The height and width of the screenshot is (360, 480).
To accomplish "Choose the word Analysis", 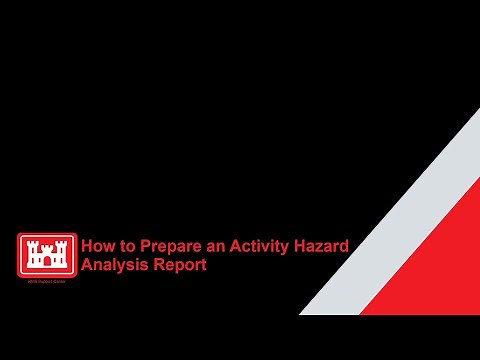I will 111,266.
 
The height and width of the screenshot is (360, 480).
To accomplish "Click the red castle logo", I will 46,254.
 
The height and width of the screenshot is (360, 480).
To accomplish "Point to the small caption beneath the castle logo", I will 46,284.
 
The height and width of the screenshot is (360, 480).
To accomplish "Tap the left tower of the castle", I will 31,252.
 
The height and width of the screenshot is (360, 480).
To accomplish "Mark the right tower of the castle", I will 62,252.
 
